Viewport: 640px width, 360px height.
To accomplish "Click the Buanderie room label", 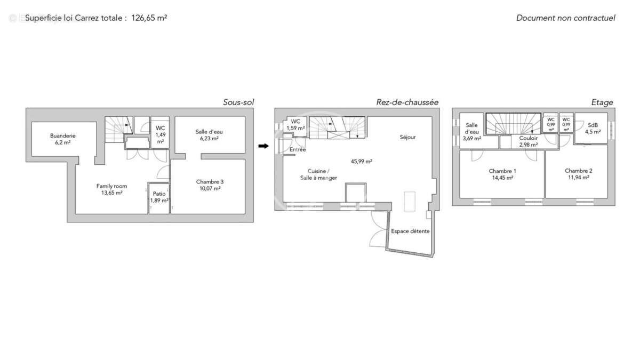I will point(63,139).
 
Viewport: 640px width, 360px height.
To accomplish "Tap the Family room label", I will point(111,189).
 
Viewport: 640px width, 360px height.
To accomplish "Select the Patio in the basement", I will point(159,197).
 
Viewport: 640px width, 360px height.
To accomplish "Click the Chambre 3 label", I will point(210,185).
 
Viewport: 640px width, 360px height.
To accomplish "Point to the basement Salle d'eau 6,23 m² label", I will point(209,135).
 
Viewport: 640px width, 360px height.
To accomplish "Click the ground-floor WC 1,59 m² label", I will point(295,125).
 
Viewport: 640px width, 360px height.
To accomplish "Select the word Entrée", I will point(298,150).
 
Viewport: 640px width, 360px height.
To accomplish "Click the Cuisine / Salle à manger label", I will point(318,174).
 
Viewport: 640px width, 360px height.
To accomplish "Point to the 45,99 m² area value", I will point(361,161).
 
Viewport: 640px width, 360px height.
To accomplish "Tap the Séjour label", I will point(407,137).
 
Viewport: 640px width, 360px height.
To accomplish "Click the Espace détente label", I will point(410,231).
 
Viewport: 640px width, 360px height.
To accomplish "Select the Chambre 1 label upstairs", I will point(502,174).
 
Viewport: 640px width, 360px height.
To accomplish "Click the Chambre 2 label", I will point(579,174).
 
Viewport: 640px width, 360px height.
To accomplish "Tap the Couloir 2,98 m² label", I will point(528,141).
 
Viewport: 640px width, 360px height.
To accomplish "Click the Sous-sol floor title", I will point(238,102).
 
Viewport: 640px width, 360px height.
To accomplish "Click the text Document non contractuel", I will point(565,18).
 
